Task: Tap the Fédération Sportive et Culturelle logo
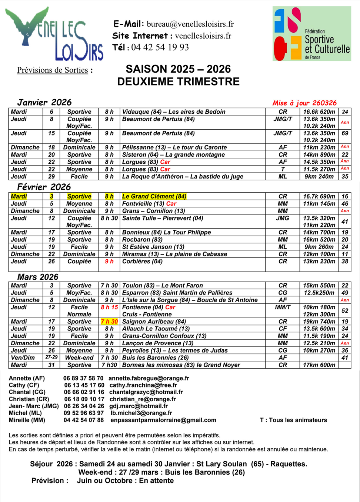pyautogui.click(x=311, y=34)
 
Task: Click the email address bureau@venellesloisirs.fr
pyautogui.click(x=190, y=24)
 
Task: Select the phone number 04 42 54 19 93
pyautogui.click(x=160, y=47)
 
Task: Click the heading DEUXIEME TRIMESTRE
pyautogui.click(x=178, y=82)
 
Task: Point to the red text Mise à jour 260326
pyautogui.click(x=304, y=103)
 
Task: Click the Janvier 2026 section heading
pyautogui.click(x=44, y=102)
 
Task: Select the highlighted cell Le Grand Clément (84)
pyautogui.click(x=154, y=196)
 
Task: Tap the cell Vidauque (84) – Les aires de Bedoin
pyautogui.click(x=174, y=112)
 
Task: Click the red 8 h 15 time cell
pyautogui.click(x=109, y=307)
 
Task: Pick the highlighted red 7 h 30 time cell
pyautogui.click(x=109, y=322)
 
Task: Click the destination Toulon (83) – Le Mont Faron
pyautogui.click(x=162, y=286)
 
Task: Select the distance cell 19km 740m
pyautogui.click(x=319, y=322)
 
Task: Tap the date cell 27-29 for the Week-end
pyautogui.click(x=51, y=358)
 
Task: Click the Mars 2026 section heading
pyautogui.click(x=38, y=277)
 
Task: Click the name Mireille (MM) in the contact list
pyautogui.click(x=27, y=420)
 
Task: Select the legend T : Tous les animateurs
pyautogui.click(x=293, y=420)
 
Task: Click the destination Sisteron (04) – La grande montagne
pyautogui.click(x=173, y=155)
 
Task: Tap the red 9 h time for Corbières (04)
pyautogui.click(x=109, y=262)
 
